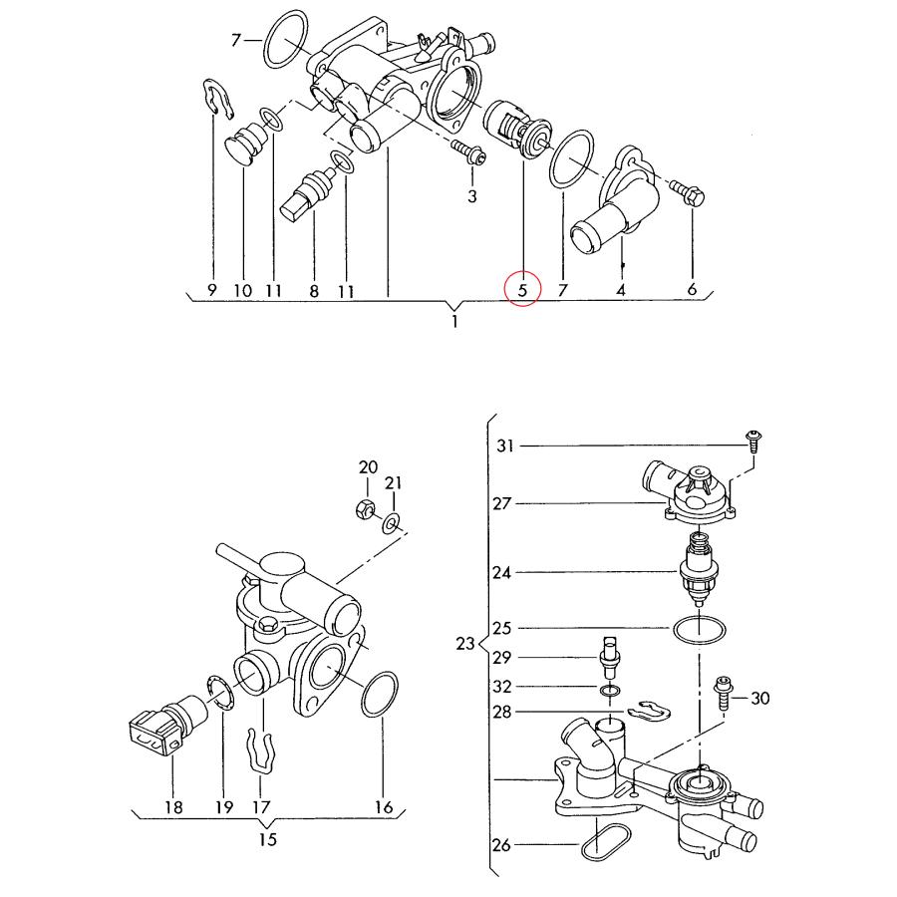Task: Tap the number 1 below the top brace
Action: pyautogui.click(x=454, y=323)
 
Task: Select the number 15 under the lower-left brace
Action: pyautogui.click(x=267, y=839)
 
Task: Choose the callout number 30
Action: pyautogui.click(x=759, y=699)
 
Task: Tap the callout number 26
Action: pyautogui.click(x=501, y=846)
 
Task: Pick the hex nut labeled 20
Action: pyautogui.click(x=365, y=511)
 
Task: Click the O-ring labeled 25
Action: pyautogui.click(x=698, y=630)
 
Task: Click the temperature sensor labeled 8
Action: pyautogui.click(x=312, y=192)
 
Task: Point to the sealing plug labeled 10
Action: pyautogui.click(x=244, y=149)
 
